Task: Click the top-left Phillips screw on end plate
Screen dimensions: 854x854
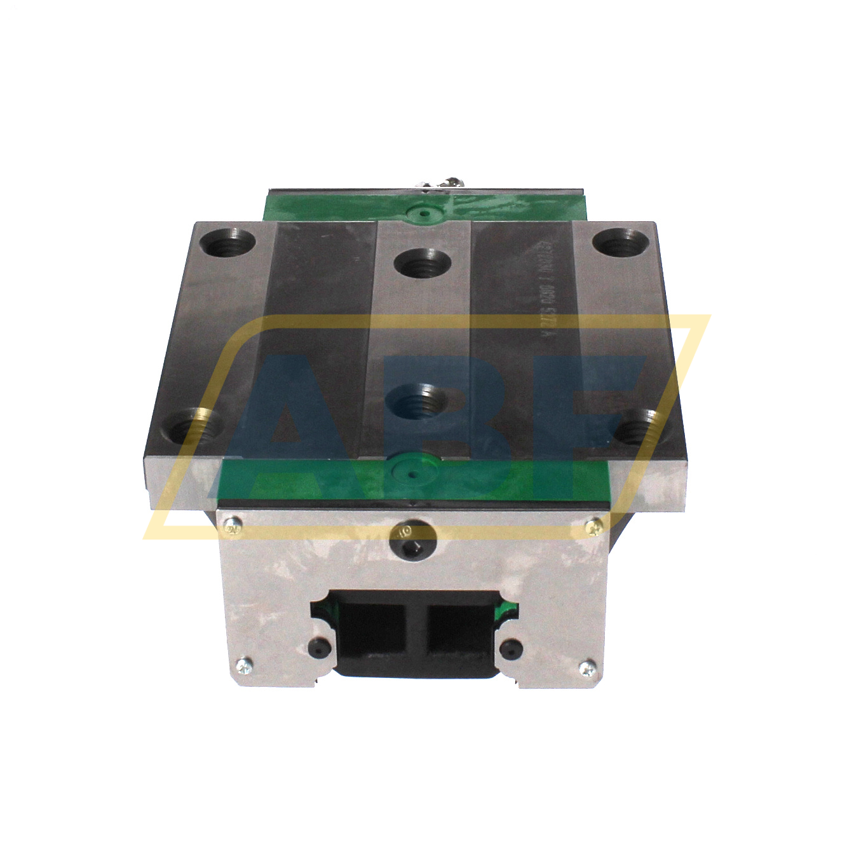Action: click(x=233, y=524)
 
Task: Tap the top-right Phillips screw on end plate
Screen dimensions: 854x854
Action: click(x=594, y=525)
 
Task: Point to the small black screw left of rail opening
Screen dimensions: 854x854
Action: click(x=316, y=647)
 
